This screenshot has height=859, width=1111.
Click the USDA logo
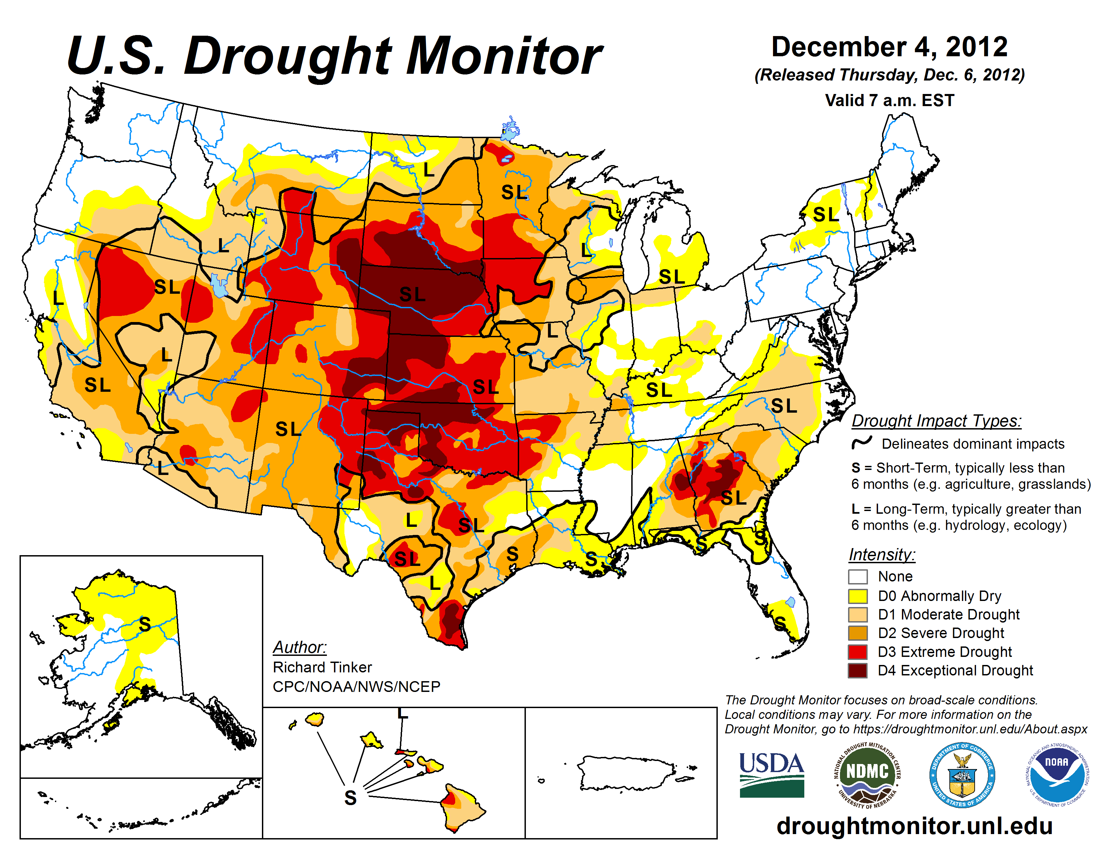click(x=771, y=774)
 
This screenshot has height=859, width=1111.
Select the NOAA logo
click(x=1056, y=774)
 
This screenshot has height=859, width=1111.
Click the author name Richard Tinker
click(x=322, y=667)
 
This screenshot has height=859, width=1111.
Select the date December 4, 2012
click(x=889, y=47)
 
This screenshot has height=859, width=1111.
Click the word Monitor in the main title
click(x=504, y=57)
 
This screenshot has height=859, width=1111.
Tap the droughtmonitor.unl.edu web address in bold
click(x=914, y=825)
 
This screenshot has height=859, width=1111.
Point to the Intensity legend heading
click(x=882, y=554)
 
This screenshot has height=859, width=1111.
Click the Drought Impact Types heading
click(x=936, y=421)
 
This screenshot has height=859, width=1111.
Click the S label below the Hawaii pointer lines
click(x=350, y=797)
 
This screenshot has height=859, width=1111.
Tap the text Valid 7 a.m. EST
click(x=889, y=100)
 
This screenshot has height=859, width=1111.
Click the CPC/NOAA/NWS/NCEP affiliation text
click(x=356, y=687)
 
